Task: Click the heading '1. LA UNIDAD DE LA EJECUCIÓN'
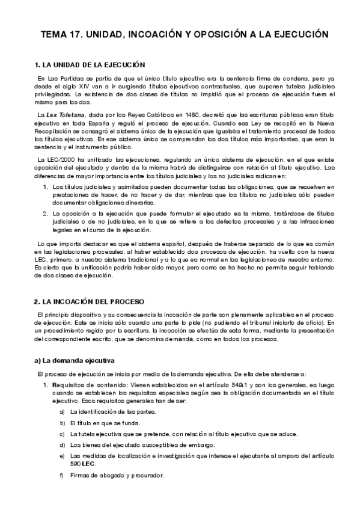91,64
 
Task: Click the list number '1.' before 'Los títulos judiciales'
46,187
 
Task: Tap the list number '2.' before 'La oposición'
46,213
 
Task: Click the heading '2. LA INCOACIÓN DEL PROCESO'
90,300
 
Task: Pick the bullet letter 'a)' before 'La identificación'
63,411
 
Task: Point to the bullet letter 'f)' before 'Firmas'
63,476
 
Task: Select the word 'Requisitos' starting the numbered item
69,385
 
